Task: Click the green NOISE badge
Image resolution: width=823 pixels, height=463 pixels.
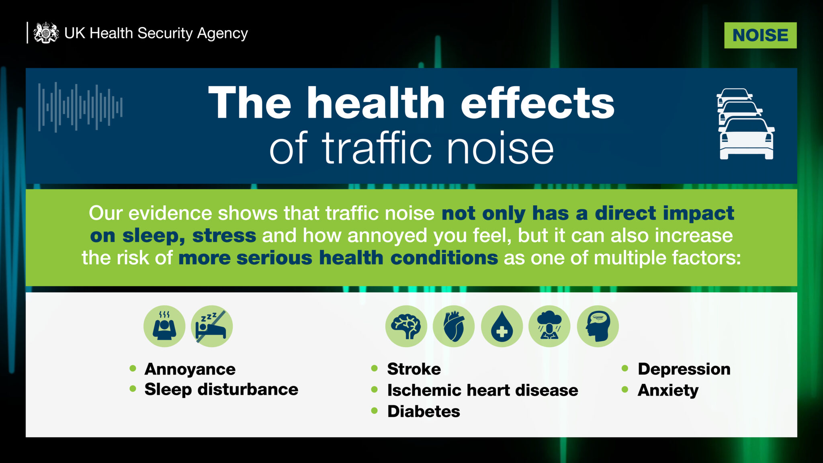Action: point(760,35)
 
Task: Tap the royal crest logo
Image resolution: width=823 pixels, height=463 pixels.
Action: point(46,33)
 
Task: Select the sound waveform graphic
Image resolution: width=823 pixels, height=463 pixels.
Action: point(80,107)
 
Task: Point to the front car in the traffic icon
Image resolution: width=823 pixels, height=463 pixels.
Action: point(746,139)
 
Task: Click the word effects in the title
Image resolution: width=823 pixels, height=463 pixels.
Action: point(537,103)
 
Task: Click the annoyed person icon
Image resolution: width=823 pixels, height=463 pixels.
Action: point(164,326)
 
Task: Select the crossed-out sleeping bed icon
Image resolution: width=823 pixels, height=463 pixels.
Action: point(212,326)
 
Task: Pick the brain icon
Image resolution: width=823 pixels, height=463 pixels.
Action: point(406,326)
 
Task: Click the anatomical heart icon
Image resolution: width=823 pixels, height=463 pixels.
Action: point(454,326)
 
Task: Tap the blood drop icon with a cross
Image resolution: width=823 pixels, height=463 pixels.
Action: point(502,326)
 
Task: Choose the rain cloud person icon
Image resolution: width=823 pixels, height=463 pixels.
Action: point(549,326)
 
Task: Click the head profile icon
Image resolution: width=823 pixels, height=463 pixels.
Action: point(598,326)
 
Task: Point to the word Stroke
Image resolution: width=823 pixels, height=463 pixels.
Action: point(414,369)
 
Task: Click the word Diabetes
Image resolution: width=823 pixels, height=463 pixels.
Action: point(424,411)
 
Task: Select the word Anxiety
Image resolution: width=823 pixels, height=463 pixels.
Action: point(668,390)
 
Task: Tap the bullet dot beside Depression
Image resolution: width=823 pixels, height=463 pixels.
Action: point(625,369)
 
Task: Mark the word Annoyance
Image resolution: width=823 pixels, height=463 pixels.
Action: point(190,369)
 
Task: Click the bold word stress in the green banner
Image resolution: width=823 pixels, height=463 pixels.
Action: point(224,236)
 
